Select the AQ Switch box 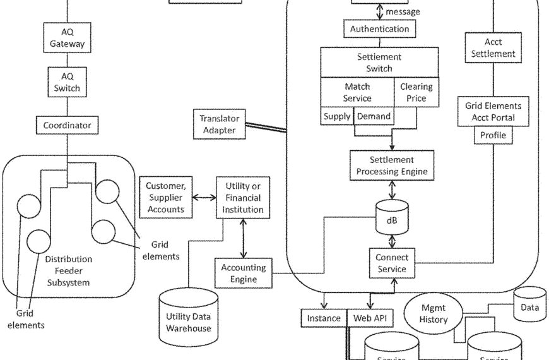pyautogui.click(x=67, y=82)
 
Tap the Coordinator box pyautogui.click(x=67, y=126)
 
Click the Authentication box pyautogui.click(x=379, y=28)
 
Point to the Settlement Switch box pyautogui.click(x=379, y=63)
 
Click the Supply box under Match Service pyautogui.click(x=336, y=117)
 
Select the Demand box pyautogui.click(x=374, y=117)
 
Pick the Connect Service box pyautogui.click(x=391, y=263)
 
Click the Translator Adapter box pyautogui.click(x=217, y=124)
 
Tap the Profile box pyautogui.click(x=493, y=135)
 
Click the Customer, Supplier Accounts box pyautogui.click(x=165, y=198)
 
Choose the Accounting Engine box pyautogui.click(x=243, y=273)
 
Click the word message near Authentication pyautogui.click(x=403, y=11)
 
